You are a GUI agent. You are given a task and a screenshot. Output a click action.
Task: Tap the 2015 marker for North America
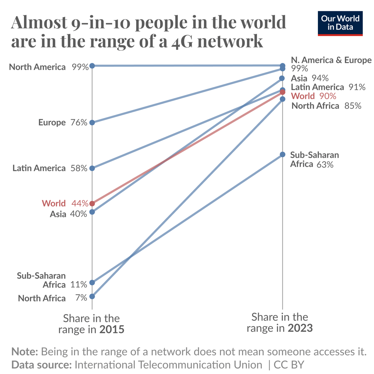tap(92, 66)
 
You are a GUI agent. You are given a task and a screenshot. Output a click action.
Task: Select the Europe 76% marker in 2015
tap(92, 122)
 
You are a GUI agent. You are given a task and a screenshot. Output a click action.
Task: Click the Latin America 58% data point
tap(92, 168)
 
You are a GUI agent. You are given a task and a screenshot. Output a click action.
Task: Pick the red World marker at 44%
tap(92, 203)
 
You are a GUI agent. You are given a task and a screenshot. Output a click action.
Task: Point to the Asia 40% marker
tap(92, 212)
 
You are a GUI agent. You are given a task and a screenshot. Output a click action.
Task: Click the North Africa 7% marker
tap(92, 296)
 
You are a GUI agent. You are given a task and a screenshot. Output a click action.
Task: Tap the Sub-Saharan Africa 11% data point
tap(92, 282)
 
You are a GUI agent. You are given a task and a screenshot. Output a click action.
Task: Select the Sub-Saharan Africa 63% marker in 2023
tap(282, 154)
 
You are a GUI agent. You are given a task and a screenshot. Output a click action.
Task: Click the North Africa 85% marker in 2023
tap(282, 99)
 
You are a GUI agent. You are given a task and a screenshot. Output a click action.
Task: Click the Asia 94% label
tap(310, 78)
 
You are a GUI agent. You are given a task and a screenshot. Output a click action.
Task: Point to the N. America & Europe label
tap(331, 60)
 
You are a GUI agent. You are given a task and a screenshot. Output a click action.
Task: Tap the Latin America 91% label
tap(328, 87)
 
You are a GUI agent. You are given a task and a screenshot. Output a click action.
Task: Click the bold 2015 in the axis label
tap(111, 330)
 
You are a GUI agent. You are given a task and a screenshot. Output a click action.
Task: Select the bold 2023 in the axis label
tap(300, 328)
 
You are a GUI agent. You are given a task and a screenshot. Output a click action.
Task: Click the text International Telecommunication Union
tap(169, 365)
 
